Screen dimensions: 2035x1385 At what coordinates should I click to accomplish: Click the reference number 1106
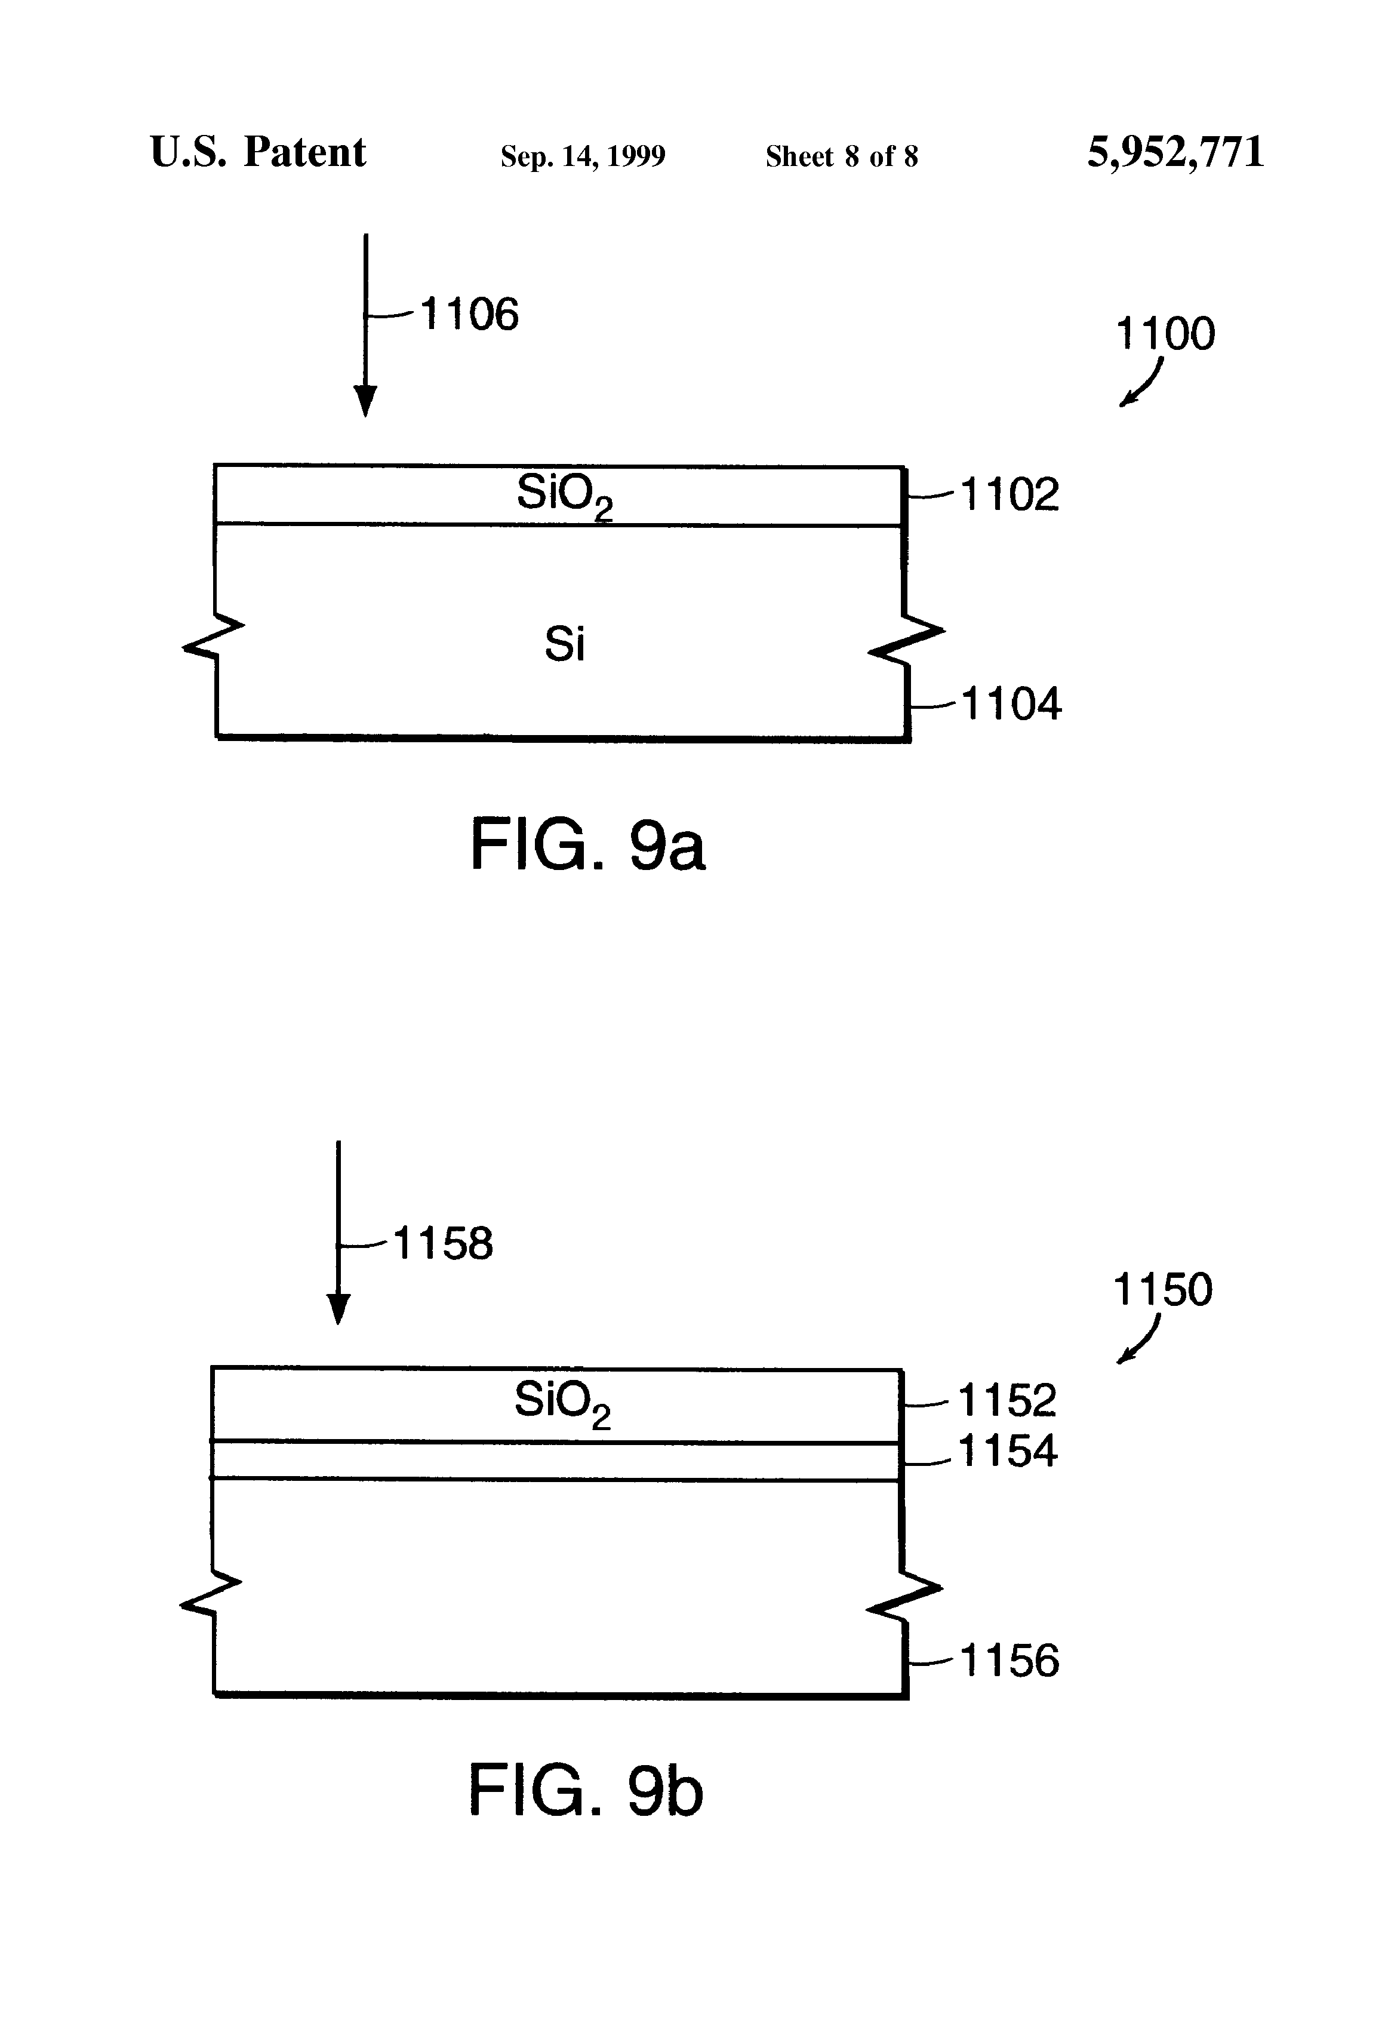(469, 314)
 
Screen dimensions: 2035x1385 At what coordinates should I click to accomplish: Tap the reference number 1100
(1164, 334)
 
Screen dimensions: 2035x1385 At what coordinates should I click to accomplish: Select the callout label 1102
(1009, 495)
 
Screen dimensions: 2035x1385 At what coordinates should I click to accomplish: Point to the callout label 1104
(1011, 704)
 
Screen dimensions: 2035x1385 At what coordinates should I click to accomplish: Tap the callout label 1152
(1007, 1400)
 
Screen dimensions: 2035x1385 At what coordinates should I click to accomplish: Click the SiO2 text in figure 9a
(564, 496)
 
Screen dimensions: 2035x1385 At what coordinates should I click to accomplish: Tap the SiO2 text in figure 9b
(561, 1403)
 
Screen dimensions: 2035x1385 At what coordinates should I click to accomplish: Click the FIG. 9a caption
(587, 844)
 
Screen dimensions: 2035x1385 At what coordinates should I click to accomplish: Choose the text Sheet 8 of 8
(841, 156)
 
